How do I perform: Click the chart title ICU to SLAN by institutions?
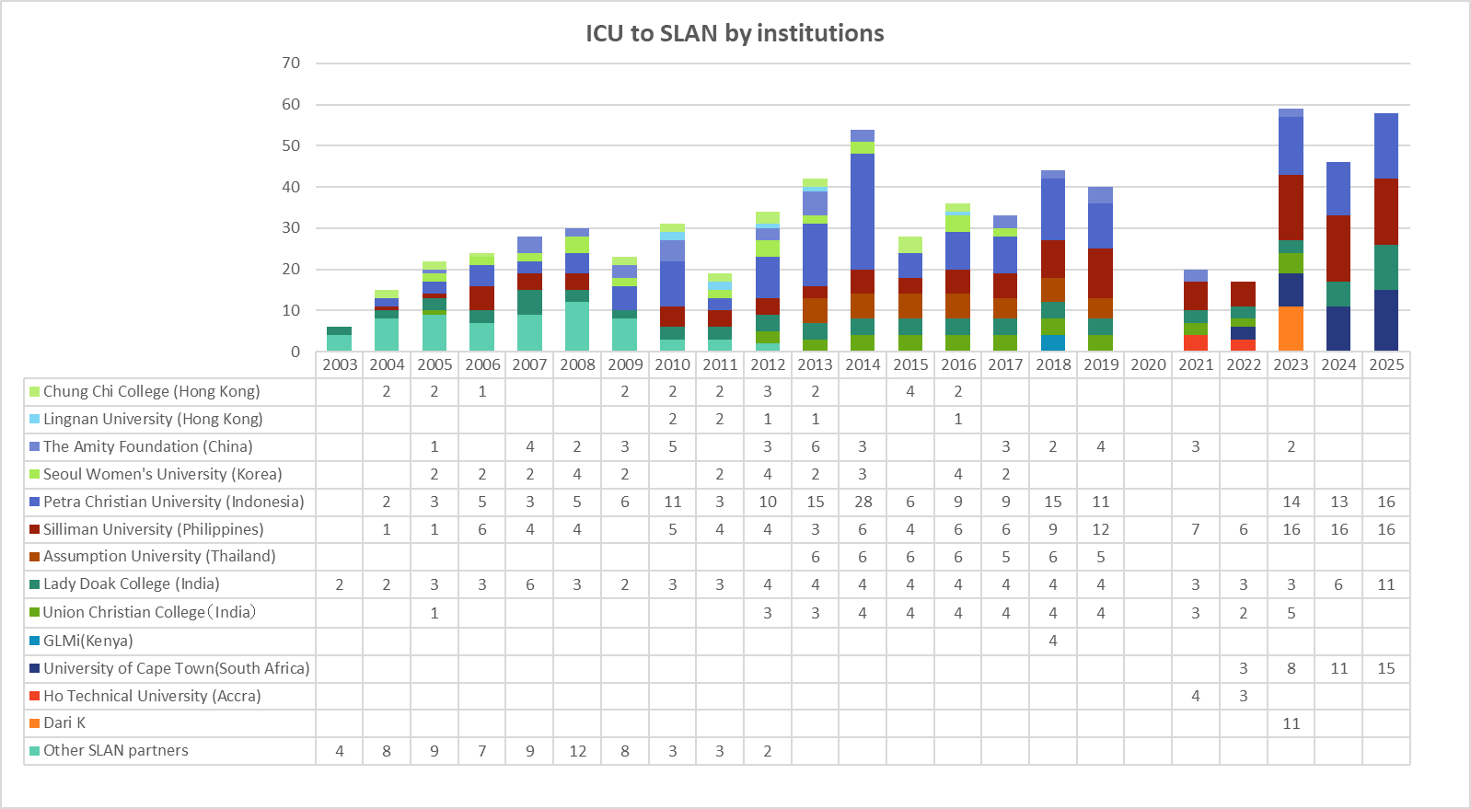click(735, 33)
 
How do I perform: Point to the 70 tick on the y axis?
click(291, 63)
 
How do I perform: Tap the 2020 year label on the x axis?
click(1148, 364)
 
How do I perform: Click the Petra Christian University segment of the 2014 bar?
click(863, 212)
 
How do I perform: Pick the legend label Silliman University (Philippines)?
click(153, 529)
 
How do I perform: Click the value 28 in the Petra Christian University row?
click(863, 502)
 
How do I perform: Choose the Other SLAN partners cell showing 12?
click(577, 751)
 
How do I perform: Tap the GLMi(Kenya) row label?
click(87, 641)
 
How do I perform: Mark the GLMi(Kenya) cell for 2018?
click(1053, 641)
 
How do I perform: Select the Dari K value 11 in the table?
click(1291, 723)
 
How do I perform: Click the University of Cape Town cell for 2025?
click(1386, 668)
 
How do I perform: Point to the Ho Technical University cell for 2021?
click(1196, 696)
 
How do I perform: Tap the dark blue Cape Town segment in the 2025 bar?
click(1386, 320)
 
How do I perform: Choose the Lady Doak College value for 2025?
click(1386, 584)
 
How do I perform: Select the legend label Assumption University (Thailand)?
click(159, 556)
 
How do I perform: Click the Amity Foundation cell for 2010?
click(673, 446)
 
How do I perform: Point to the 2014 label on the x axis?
click(863, 364)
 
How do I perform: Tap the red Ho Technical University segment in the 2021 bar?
click(1196, 342)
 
